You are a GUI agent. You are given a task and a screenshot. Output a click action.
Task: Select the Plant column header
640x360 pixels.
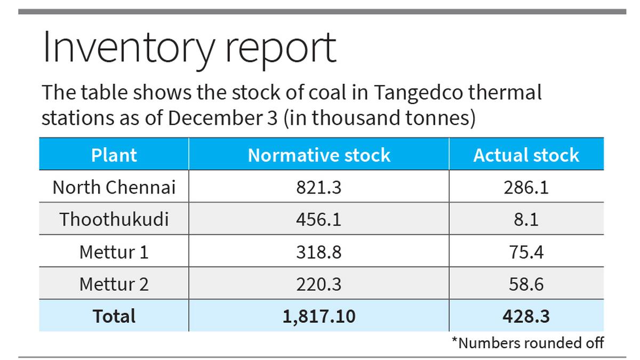click(114, 155)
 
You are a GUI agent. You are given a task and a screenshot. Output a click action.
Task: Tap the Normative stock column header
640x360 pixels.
click(319, 155)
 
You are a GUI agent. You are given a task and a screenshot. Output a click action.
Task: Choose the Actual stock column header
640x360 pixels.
click(526, 155)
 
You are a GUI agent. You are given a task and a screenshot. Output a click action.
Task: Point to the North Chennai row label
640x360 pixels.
click(114, 187)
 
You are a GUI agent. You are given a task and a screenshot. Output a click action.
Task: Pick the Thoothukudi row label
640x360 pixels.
click(114, 219)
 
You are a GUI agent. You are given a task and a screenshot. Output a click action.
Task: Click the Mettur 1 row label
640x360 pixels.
click(114, 252)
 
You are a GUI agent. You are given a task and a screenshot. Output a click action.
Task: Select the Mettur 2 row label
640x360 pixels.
click(114, 284)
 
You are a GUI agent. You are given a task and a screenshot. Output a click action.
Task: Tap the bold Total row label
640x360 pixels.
click(114, 316)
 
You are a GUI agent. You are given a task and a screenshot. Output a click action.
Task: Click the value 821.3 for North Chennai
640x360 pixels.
click(319, 187)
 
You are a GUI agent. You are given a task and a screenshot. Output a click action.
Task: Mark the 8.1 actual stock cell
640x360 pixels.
click(526, 219)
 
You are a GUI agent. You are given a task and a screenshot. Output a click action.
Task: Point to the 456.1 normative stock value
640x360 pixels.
click(319, 219)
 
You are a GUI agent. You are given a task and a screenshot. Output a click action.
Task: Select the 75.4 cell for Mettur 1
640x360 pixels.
click(526, 252)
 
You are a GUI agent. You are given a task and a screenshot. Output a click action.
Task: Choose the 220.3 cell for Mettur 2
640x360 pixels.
click(319, 284)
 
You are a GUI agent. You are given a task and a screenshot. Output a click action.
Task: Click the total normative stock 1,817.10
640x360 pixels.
click(319, 316)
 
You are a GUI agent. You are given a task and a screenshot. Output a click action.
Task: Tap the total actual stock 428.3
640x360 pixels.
click(526, 316)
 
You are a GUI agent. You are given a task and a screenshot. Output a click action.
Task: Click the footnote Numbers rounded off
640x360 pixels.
click(527, 342)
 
